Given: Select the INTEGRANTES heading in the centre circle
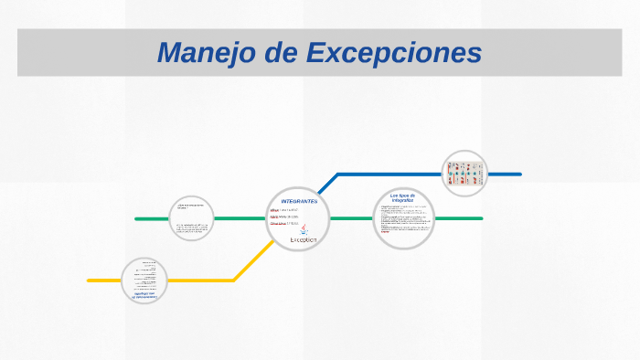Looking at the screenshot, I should click(x=299, y=201).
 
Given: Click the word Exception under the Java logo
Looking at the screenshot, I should click(x=303, y=239).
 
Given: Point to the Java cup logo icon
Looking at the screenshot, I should click(x=304, y=228).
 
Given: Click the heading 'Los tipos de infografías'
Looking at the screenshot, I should click(x=402, y=197).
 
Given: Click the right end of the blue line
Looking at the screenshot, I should click(x=519, y=174).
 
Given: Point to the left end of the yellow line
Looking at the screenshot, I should click(x=90, y=280).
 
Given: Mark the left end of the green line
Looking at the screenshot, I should click(x=137, y=218).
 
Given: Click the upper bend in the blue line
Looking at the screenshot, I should click(x=338, y=174).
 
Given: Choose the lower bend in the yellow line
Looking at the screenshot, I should click(x=234, y=280).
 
